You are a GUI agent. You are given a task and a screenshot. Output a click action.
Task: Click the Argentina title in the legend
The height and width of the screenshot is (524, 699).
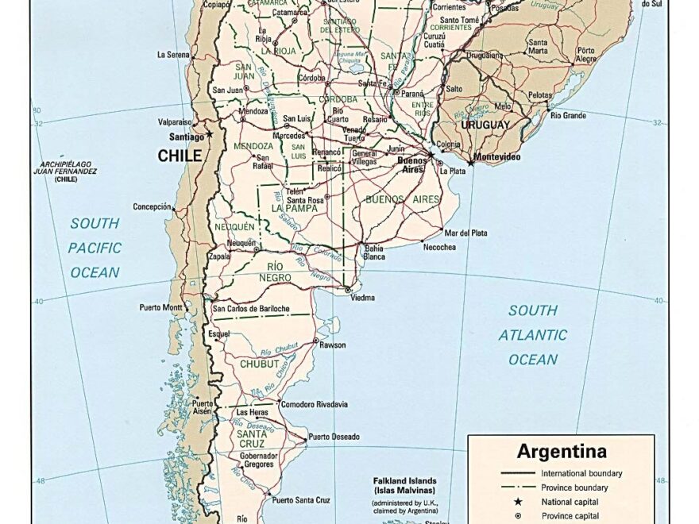(562, 453)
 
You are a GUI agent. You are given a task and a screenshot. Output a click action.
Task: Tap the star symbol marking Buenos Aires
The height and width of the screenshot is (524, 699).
(431, 155)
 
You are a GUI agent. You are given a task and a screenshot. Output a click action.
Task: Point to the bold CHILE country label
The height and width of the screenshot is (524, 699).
(180, 156)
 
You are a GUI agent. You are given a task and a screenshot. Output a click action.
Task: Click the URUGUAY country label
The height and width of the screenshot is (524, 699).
(485, 125)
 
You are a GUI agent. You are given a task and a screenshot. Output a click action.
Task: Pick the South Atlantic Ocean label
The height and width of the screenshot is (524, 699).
(533, 335)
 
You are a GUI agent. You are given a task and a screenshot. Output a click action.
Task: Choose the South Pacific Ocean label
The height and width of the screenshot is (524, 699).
(95, 248)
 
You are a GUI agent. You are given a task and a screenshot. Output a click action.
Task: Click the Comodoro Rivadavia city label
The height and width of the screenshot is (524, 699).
(314, 404)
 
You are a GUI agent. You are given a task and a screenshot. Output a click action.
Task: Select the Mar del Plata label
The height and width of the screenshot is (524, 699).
(466, 233)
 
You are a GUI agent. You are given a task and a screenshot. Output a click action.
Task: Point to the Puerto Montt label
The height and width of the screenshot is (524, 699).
(161, 307)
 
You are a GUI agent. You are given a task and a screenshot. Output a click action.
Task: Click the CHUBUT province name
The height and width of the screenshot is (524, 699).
(260, 364)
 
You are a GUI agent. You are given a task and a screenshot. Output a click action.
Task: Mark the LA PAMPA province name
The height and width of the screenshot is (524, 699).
(295, 209)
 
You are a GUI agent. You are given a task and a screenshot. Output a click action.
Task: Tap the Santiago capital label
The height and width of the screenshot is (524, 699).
(186, 137)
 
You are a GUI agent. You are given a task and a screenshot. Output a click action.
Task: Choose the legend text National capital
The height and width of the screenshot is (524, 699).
(570, 502)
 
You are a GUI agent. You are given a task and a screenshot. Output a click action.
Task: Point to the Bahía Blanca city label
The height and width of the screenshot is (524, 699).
(374, 252)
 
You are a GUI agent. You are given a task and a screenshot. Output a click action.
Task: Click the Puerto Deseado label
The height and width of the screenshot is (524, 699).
(334, 437)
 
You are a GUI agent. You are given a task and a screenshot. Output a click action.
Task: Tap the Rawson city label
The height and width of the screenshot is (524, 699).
(332, 345)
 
